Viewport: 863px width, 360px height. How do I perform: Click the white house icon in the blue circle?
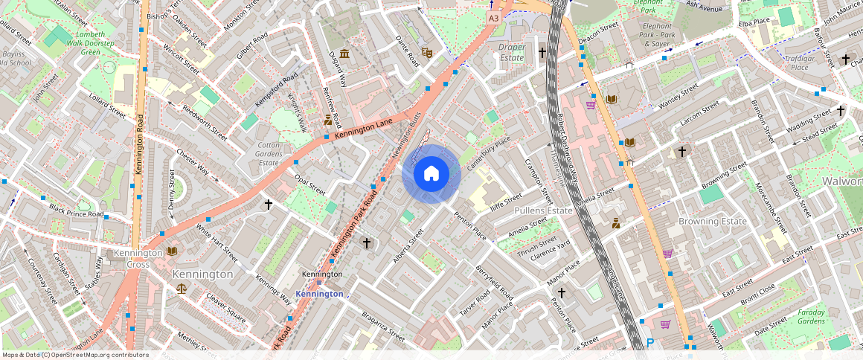tap(431, 174)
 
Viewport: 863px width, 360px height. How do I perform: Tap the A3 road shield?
tap(493, 16)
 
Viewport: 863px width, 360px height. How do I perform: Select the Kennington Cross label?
tap(138, 258)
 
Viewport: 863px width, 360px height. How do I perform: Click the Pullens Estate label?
tap(543, 210)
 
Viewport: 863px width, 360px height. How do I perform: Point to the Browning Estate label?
tap(712, 221)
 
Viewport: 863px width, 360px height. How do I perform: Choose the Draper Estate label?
tap(511, 52)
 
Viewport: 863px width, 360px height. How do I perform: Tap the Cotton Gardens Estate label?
tap(269, 154)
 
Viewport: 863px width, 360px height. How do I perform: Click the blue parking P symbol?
tap(649, 343)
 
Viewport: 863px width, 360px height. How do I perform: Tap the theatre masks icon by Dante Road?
tap(426, 53)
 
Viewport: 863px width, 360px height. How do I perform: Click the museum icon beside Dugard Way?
tap(344, 54)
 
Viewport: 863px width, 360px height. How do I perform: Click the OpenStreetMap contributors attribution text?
tap(75, 355)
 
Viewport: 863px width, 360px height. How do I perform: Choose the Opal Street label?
tap(309, 184)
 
